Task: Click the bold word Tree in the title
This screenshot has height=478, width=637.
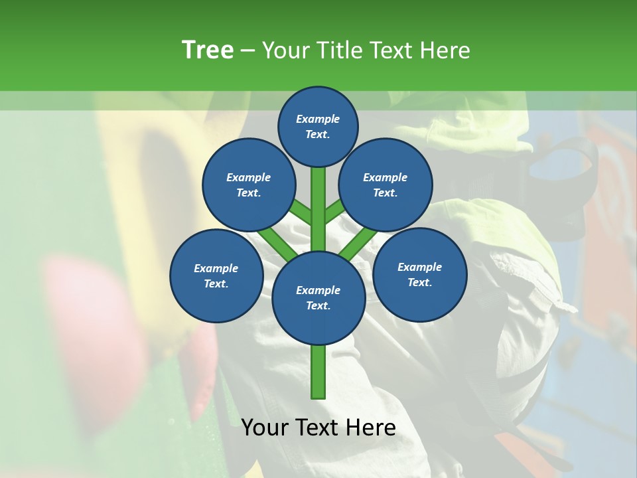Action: point(208,50)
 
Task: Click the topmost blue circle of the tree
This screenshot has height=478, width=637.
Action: point(318,126)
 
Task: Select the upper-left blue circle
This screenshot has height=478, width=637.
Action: point(248,185)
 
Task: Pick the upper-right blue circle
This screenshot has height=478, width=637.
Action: point(386,185)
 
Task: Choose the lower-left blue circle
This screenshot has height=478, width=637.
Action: point(216,276)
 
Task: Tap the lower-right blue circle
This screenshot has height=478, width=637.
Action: point(419,274)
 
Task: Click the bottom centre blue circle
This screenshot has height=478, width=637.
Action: point(318,297)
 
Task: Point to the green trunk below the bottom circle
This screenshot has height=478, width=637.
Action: point(318,372)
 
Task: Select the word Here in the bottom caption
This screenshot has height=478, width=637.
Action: point(370,427)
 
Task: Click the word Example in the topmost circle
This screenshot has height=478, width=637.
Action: point(318,119)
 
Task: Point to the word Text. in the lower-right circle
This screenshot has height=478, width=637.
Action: point(419,282)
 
